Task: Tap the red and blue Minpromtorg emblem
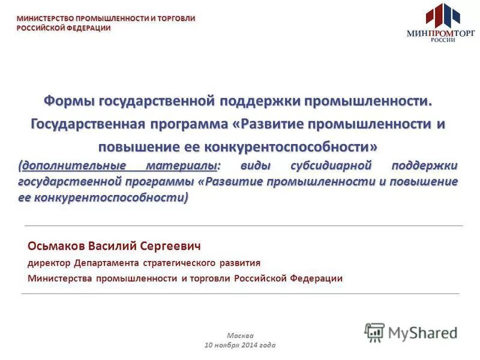click(x=442, y=16)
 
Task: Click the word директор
click(x=49, y=263)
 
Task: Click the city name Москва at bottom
click(x=240, y=335)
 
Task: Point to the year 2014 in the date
click(x=251, y=345)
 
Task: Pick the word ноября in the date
click(x=227, y=345)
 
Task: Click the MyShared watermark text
click(x=423, y=332)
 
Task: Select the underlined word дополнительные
click(x=73, y=165)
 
